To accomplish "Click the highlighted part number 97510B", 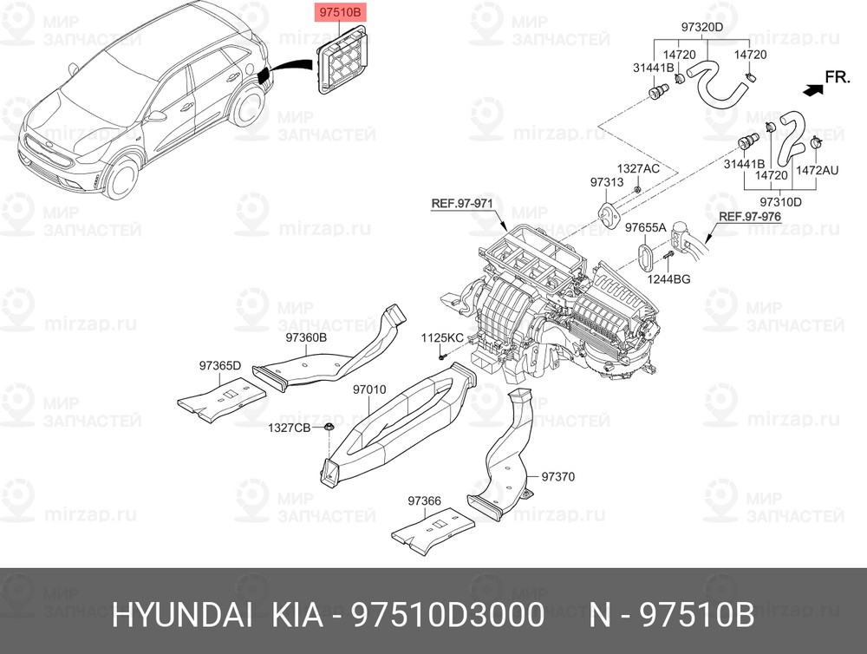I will coord(342,13).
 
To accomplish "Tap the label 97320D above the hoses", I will coord(701,27).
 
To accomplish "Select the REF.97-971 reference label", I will coord(462,205).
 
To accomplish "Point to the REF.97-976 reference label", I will coord(750,216).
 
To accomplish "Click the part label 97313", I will coord(606,183).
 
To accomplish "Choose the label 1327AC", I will coord(638,168).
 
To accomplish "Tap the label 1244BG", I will coord(669,278).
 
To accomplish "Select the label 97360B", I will coord(306,337).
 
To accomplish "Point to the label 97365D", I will coord(220,365).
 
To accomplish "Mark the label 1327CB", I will coord(289,428).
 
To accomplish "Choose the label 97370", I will coord(558,476).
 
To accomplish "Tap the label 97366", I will coord(425,500).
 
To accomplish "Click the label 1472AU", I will coord(818,172).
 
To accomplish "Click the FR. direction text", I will coord(837,77).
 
